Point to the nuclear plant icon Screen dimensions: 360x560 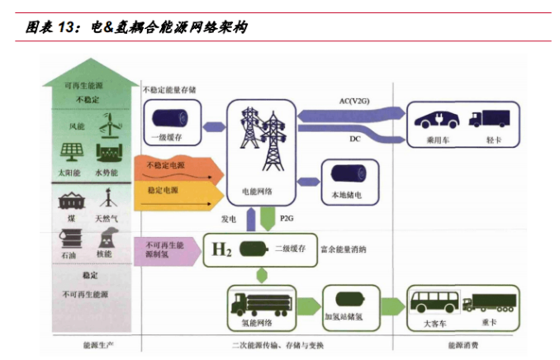[105, 237]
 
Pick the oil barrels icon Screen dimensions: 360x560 [70, 238]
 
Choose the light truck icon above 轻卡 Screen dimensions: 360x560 [488, 118]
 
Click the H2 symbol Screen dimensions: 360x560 [221, 249]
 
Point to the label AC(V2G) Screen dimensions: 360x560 [354, 102]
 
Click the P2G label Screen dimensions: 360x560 [287, 218]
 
